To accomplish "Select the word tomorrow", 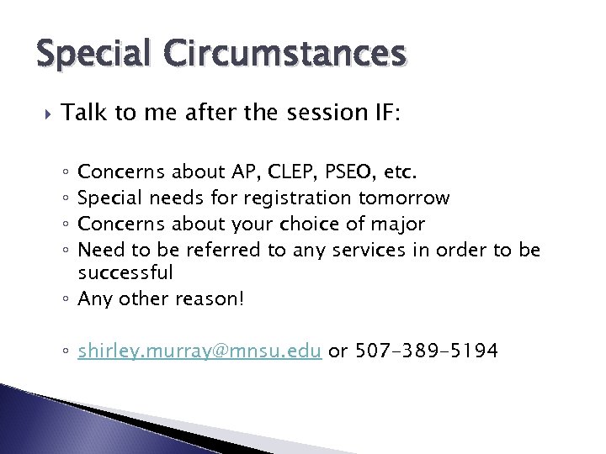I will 404,198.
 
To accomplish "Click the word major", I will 397,224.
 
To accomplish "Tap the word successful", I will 125,272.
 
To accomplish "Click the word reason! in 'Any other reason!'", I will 210,298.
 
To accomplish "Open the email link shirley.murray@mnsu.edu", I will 199,351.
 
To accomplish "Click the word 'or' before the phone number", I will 338,351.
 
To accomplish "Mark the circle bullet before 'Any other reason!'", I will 66,299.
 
